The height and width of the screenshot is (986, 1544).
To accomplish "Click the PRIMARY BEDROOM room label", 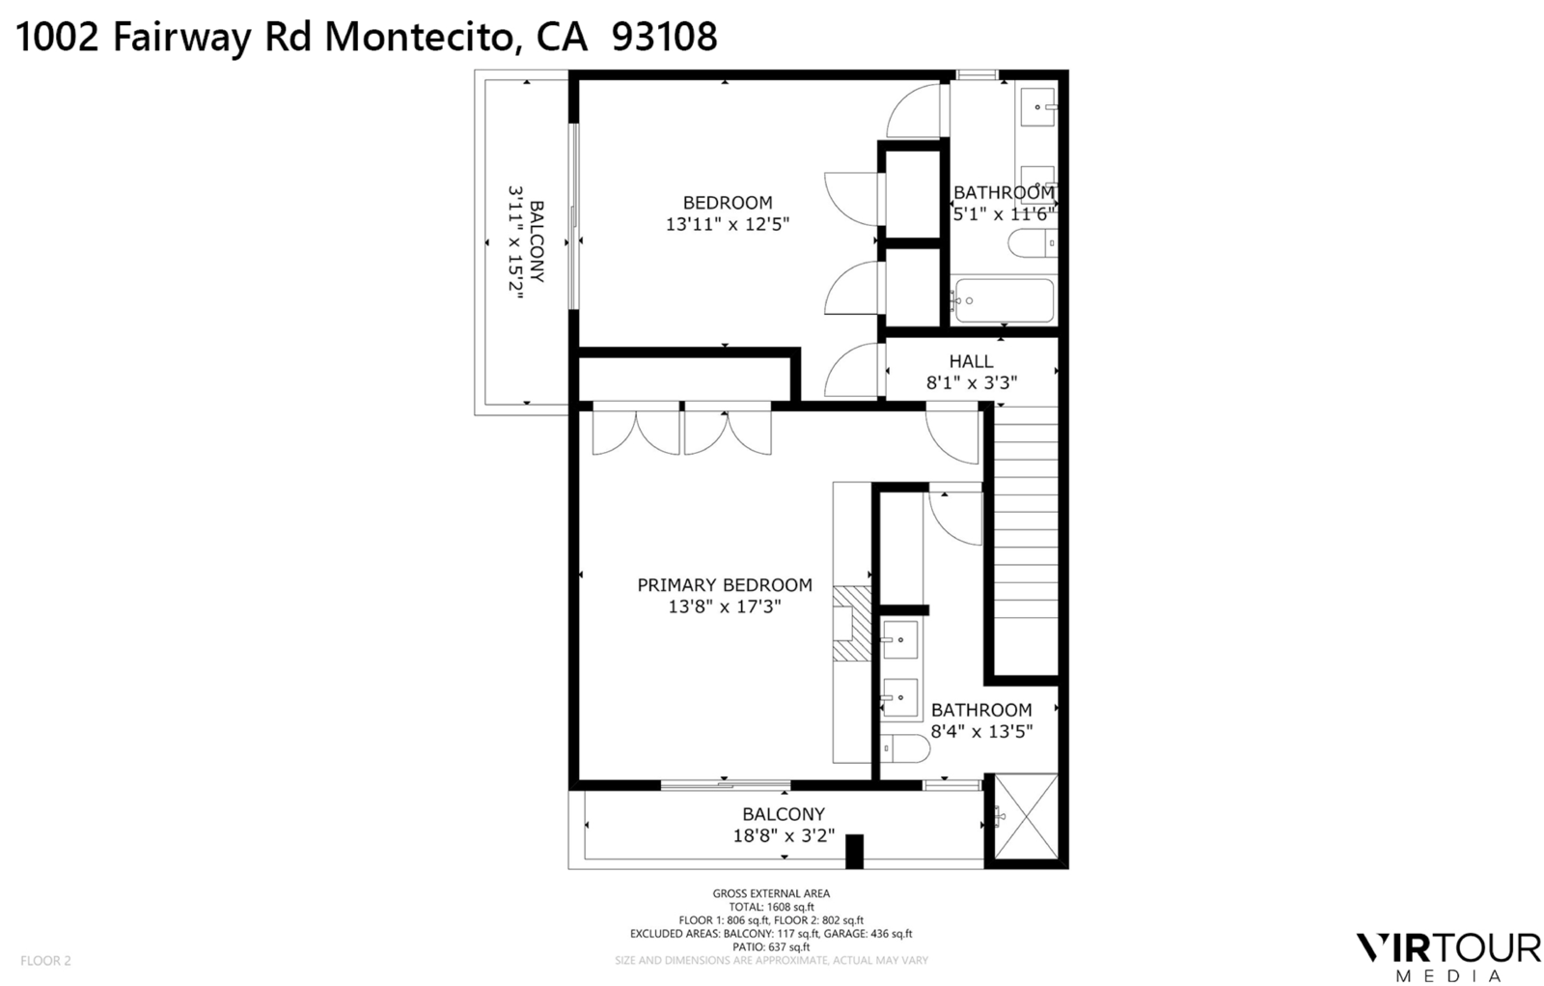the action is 724,584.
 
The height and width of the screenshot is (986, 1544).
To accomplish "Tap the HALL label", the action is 970,361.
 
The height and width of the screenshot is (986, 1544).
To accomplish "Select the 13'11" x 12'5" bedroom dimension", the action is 727,225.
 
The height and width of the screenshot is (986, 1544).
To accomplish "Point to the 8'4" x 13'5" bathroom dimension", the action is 980,732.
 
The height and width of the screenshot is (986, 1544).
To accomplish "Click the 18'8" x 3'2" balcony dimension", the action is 784,836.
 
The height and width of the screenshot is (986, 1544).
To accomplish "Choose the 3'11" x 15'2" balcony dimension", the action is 515,243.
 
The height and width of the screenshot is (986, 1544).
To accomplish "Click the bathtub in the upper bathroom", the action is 1003,300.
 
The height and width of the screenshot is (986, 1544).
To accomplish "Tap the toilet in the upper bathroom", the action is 1032,243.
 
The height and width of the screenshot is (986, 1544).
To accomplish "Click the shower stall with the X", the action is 1026,817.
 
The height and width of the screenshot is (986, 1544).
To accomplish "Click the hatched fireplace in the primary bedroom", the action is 851,623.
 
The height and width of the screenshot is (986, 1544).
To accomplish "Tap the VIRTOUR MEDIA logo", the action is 1448,954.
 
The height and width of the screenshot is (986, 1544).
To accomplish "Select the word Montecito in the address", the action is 417,37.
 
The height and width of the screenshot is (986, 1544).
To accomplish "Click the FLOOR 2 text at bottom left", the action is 45,961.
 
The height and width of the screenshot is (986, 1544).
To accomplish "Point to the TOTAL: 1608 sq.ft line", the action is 771,907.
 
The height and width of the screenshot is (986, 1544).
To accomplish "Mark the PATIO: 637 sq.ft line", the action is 771,947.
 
